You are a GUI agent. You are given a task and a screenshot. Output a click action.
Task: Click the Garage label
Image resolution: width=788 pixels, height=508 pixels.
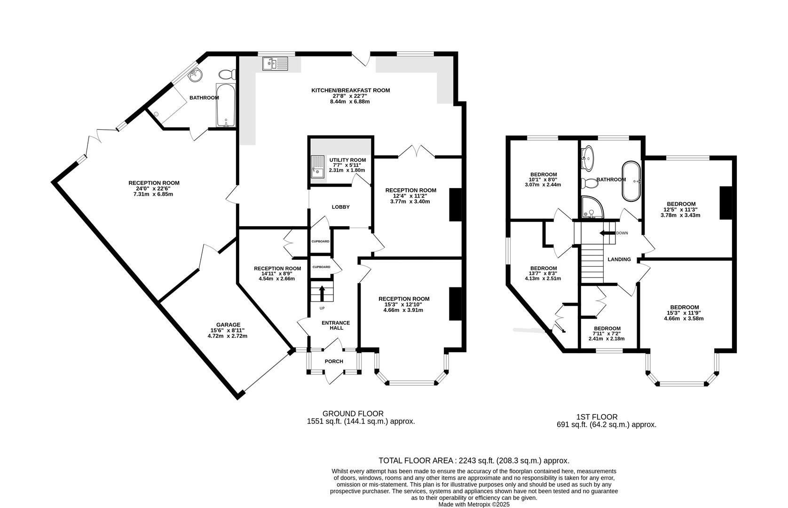point(229,325)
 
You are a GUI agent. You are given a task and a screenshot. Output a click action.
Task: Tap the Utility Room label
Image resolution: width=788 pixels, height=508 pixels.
point(347,160)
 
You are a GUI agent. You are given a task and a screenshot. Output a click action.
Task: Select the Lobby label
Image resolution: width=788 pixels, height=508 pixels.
point(340,206)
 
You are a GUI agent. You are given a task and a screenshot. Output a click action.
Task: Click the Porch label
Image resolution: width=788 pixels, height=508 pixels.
point(334,361)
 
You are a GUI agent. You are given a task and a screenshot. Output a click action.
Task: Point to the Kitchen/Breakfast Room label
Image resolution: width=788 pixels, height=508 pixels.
point(350,90)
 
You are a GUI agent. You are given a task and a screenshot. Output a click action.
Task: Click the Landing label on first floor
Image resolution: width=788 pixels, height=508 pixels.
point(619,259)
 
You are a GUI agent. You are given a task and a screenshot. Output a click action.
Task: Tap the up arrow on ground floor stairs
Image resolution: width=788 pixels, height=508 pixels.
point(322,293)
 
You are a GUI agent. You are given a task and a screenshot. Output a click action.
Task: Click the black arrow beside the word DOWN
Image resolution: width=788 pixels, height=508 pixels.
point(607,233)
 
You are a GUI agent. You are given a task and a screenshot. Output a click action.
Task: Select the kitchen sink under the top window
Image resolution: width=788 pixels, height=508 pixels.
point(275,63)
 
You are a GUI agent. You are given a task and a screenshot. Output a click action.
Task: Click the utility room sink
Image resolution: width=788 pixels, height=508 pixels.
point(318,167)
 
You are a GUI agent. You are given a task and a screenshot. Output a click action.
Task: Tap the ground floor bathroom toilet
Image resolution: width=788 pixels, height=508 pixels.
point(227,74)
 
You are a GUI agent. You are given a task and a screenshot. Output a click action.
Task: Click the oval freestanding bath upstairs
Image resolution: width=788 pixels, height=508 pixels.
point(632,181)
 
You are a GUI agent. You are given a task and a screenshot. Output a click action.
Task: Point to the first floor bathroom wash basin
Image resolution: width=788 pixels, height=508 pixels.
point(588,158)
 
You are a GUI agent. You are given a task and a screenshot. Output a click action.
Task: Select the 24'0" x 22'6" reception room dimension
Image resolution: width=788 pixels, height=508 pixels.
point(153,188)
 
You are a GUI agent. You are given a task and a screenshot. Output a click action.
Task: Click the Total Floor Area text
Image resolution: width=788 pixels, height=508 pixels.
point(474,460)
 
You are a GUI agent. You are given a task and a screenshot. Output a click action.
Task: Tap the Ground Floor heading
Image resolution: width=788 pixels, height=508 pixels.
point(353,413)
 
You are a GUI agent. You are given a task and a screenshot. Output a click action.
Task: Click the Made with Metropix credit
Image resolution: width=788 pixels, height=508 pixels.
point(474,505)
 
